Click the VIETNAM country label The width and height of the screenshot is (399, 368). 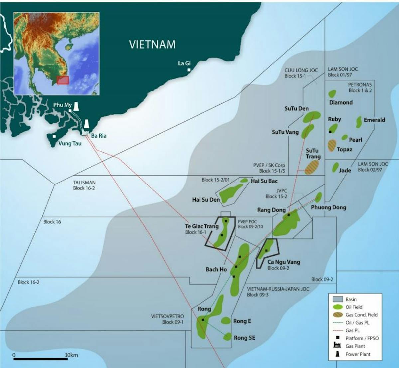152,44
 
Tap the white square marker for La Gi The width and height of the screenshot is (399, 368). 189,70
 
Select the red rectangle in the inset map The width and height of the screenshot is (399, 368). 63,80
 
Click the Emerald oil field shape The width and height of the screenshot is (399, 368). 359,122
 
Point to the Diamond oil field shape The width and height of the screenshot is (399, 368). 332,94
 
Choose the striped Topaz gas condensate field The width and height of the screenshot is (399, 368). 332,146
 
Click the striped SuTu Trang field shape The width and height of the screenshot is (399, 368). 312,167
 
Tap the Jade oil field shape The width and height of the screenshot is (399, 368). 335,167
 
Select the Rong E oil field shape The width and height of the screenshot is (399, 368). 226,321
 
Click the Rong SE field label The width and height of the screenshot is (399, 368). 244,338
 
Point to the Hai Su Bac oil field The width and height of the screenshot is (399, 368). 244,180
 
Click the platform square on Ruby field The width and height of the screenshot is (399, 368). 330,132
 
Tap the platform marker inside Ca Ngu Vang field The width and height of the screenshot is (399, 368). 266,251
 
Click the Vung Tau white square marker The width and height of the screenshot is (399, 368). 54,136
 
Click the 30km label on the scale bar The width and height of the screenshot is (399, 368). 71,355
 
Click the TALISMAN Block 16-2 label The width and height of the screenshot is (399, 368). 84,185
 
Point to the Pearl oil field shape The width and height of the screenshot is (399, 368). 345,137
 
